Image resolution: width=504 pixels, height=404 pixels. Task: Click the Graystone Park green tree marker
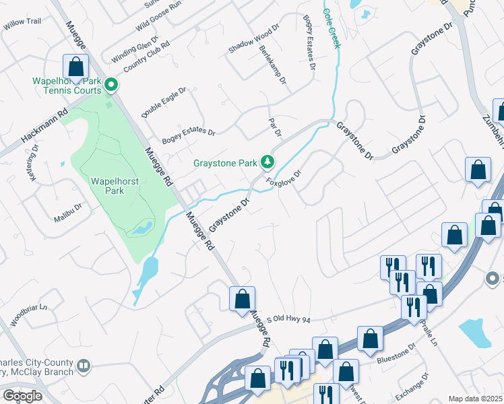(268, 162)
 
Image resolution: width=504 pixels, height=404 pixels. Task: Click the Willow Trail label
(22, 22)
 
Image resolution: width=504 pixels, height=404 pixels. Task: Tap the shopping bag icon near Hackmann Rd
(76, 67)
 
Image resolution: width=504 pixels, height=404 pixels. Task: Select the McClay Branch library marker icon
(84, 366)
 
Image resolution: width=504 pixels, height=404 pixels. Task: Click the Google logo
(22, 396)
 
